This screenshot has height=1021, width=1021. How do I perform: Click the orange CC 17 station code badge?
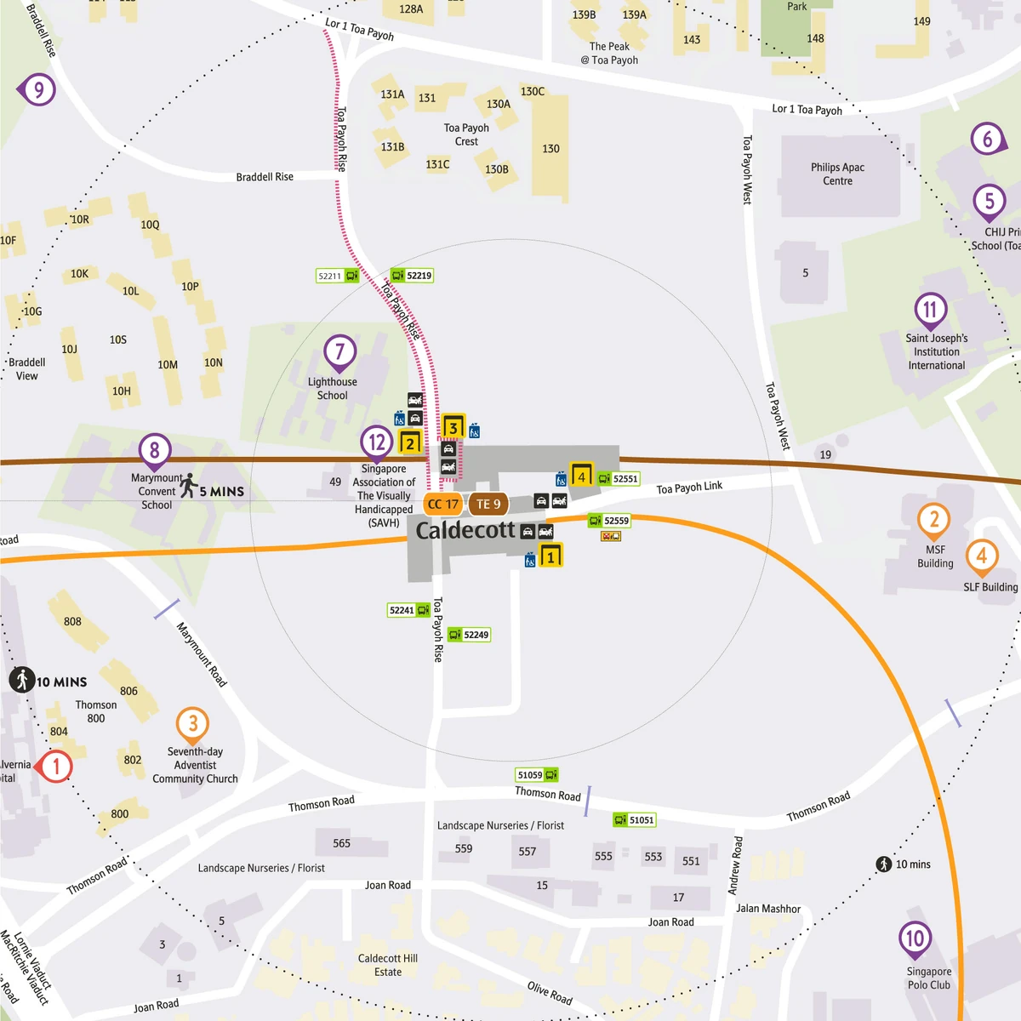click(442, 505)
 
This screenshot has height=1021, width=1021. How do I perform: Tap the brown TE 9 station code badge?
click(488, 505)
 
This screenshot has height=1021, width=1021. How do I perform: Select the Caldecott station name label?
click(465, 531)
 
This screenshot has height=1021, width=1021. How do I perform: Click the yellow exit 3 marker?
click(453, 427)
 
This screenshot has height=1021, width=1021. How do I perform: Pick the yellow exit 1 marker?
click(550, 557)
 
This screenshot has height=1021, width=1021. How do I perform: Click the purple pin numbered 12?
click(377, 442)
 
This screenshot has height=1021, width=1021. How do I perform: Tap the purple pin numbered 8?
click(155, 450)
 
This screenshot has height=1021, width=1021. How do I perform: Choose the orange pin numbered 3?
click(193, 724)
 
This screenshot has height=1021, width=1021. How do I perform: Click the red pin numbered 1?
click(55, 767)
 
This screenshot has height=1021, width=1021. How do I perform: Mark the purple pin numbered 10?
click(915, 939)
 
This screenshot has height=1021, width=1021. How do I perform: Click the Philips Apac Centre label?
click(837, 174)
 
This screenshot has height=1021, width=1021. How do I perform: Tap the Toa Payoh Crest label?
click(466, 134)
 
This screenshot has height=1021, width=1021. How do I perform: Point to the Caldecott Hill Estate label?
click(388, 965)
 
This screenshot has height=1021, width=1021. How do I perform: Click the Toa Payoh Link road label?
click(689, 488)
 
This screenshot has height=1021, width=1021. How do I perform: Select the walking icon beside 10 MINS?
click(22, 680)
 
